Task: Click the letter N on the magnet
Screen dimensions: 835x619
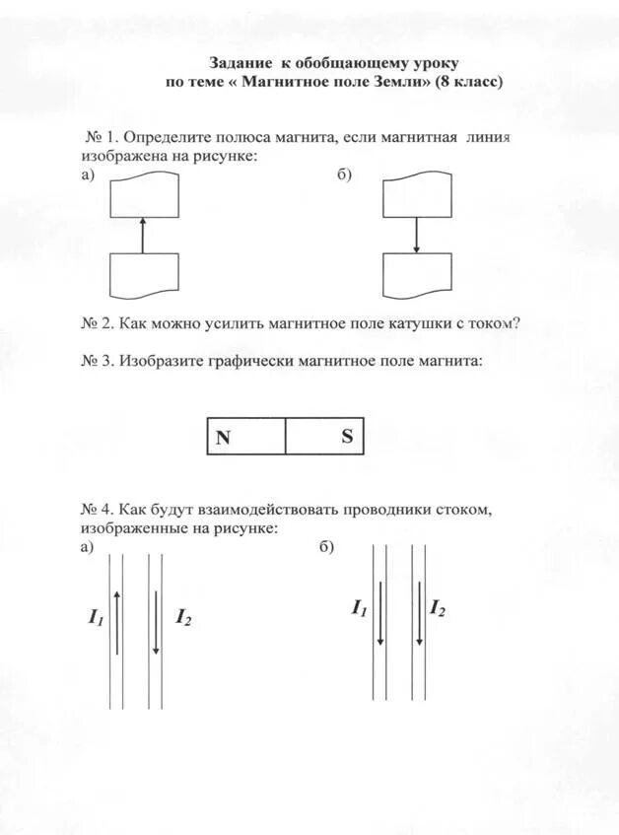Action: [224, 438]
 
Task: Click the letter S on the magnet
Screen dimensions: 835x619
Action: [347, 437]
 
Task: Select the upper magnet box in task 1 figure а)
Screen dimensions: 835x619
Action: [144, 194]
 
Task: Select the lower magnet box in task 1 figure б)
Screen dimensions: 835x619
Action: [417, 275]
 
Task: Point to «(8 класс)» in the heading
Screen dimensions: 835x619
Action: [467, 82]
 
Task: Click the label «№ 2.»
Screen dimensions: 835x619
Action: [100, 322]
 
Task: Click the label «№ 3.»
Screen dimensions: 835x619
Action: [100, 362]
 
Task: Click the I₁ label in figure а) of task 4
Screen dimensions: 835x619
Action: [96, 618]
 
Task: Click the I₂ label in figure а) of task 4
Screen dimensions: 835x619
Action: [183, 618]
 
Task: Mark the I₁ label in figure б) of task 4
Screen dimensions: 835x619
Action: [359, 608]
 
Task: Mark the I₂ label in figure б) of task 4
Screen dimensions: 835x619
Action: [437, 608]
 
